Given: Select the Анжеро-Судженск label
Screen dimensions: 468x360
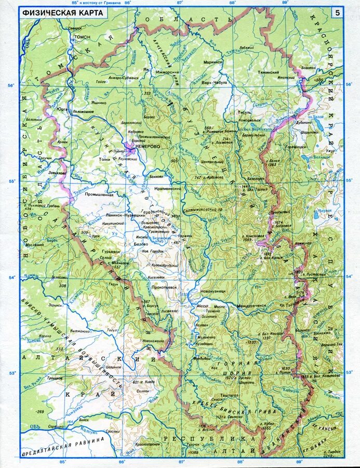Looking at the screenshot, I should point(124,77).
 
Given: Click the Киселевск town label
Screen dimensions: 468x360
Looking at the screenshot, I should point(157,278).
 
